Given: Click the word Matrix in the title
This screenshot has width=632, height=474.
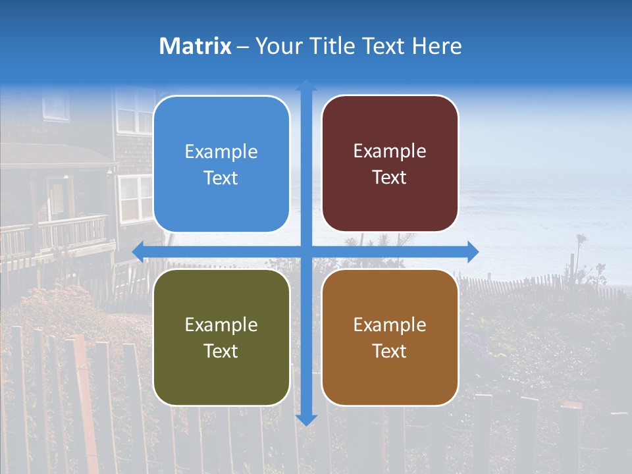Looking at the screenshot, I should tap(195, 46).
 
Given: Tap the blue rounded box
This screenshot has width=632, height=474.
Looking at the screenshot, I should tap(221, 164).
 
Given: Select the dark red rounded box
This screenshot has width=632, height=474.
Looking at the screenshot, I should tap(390, 164).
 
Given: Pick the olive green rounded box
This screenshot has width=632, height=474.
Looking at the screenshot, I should tap(221, 337).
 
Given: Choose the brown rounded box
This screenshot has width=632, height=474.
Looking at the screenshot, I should tap(390, 337).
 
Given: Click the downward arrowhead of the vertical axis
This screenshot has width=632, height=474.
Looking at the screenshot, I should tap(306, 419).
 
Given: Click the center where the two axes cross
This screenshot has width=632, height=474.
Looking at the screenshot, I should tap(306, 251).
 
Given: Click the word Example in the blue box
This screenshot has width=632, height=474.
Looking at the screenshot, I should tap(221, 151).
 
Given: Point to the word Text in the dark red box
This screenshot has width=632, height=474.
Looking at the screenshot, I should tap(390, 178).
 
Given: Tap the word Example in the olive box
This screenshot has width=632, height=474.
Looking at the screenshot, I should tap(221, 325).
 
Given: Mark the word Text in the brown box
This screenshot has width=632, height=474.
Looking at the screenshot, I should tap(390, 351).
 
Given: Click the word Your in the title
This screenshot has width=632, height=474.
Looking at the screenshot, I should tap(280, 46).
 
